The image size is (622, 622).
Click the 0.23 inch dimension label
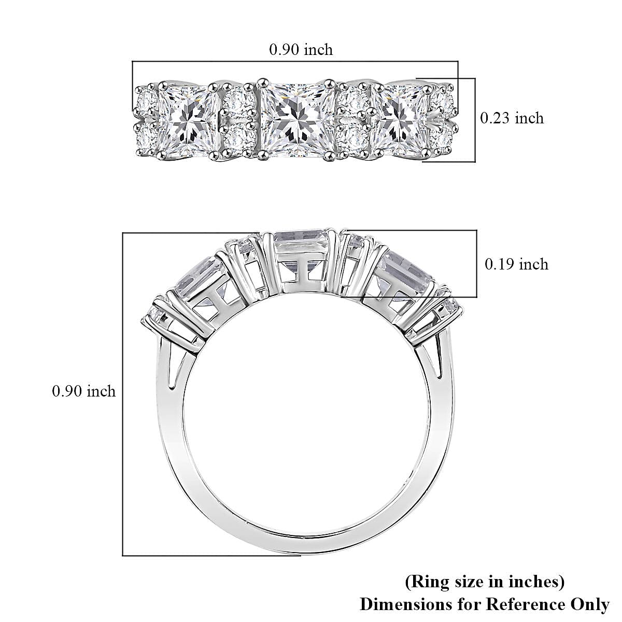pyautogui.click(x=512, y=118)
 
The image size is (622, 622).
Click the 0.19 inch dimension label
pyautogui.click(x=516, y=264)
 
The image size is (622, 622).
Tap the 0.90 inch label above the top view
pyautogui.click(x=301, y=50)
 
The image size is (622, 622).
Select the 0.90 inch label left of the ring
pyautogui.click(x=83, y=391)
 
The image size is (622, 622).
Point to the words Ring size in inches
pyautogui.click(x=484, y=582)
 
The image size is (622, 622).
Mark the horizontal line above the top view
pyautogui.click(x=295, y=62)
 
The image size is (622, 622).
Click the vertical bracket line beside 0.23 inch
pyautogui.click(x=474, y=119)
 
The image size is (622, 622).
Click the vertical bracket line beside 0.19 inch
pyautogui.click(x=476, y=263)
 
